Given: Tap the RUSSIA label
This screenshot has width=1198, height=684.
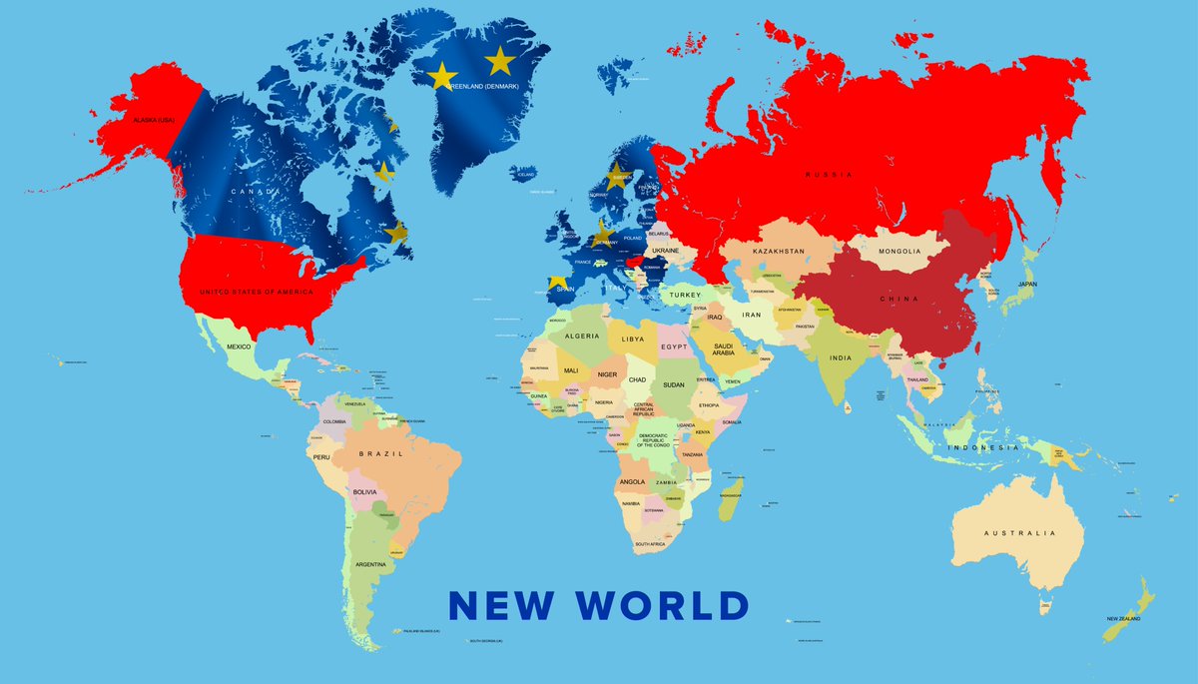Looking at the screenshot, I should [830, 174].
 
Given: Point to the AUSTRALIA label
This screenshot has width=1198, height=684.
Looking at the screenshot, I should [1018, 533].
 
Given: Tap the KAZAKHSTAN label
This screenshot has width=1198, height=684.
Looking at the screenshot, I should [779, 252].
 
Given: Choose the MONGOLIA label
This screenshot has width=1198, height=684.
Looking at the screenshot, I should [899, 252].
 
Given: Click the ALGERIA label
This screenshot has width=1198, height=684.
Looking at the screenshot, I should [582, 337].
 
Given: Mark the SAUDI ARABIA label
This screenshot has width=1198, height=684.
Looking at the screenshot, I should [723, 348].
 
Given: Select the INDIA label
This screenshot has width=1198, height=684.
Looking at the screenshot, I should [841, 357].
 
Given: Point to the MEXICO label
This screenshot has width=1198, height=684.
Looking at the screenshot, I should [239, 346].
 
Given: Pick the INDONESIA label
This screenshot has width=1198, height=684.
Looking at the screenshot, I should [985, 447].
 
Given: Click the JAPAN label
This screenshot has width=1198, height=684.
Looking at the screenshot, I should [1027, 284].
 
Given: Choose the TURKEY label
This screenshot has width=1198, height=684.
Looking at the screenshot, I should [686, 296].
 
